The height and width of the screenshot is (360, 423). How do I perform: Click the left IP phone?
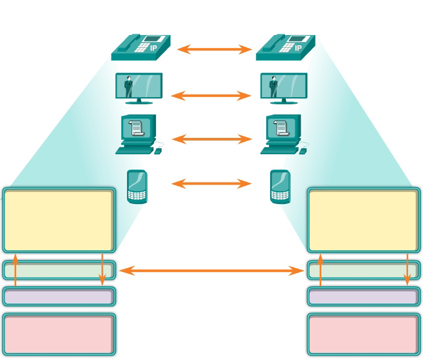(141, 47)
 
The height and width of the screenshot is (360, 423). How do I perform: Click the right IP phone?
(286, 47)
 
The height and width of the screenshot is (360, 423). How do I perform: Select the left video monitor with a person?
(139, 87)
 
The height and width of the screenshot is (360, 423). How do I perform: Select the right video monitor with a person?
(284, 87)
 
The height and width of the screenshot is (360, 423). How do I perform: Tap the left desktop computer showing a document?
(137, 134)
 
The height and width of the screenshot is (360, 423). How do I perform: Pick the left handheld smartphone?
(135, 186)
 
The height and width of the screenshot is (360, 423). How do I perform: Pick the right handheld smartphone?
(279, 186)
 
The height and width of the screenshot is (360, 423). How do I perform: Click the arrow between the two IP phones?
(214, 49)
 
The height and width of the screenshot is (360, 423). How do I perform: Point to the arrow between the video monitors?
(211, 95)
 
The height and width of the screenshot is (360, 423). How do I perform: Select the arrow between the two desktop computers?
(211, 139)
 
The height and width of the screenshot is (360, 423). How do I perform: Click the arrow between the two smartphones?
(211, 184)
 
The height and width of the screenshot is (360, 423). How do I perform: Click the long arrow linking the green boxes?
(211, 270)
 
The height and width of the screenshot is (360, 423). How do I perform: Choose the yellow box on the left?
(59, 220)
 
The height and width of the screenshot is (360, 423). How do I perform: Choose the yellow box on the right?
(363, 220)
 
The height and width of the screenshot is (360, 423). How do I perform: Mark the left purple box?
(59, 297)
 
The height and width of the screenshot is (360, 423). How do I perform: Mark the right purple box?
(363, 297)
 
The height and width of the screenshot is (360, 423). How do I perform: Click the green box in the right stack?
(363, 270)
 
